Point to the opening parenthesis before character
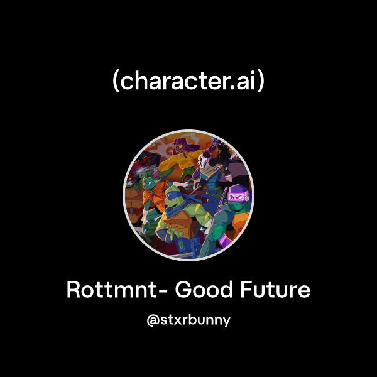click(x=117, y=82)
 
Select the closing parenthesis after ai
click(x=261, y=82)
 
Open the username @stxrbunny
click(x=188, y=320)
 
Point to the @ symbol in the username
click(x=151, y=320)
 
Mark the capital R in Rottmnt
click(x=73, y=290)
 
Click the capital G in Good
click(x=183, y=290)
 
